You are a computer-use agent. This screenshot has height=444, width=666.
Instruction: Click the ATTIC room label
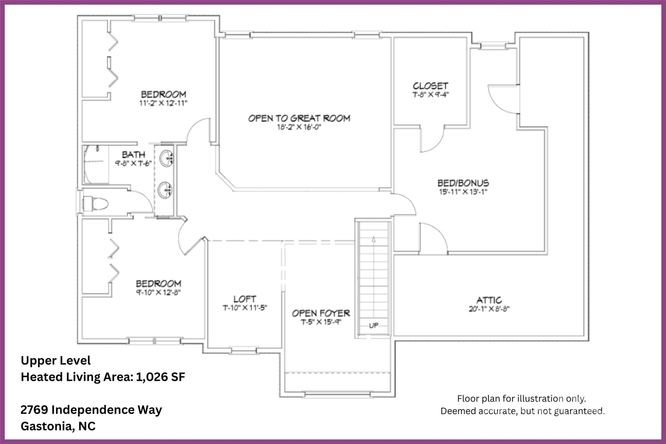pyautogui.click(x=489, y=300)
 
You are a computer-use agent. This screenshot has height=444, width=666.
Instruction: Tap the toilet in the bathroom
pyautogui.click(x=97, y=204)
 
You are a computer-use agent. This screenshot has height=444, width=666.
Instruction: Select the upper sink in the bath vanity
pyautogui.click(x=166, y=157)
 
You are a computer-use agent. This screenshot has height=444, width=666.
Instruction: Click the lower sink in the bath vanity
pyautogui.click(x=165, y=190)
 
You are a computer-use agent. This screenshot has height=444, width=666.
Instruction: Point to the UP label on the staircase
pyautogui.click(x=374, y=325)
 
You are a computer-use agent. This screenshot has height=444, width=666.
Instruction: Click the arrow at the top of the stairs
pyautogui.click(x=374, y=239)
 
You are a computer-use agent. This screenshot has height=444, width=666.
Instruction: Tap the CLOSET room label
pyautogui.click(x=430, y=86)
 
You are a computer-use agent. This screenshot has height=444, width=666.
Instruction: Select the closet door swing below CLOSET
pyautogui.click(x=433, y=140)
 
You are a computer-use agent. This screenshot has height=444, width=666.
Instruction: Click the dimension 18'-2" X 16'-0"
pyautogui.click(x=299, y=127)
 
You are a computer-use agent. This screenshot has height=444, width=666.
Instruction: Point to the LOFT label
pyautogui.click(x=245, y=299)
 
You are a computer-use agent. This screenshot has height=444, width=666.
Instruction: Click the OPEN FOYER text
pyautogui.click(x=321, y=313)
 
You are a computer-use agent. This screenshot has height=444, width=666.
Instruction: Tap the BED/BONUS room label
pyautogui.click(x=463, y=183)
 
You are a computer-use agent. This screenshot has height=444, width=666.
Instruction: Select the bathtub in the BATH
pyautogui.click(x=95, y=165)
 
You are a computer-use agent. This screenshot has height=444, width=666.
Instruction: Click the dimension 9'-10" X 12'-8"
pyautogui.click(x=158, y=292)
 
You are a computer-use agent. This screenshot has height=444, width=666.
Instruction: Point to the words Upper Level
pyautogui.click(x=56, y=360)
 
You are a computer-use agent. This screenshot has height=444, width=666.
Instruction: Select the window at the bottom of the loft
pyautogui.click(x=244, y=351)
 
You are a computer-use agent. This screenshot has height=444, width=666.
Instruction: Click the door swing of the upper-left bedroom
pyautogui.click(x=198, y=130)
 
